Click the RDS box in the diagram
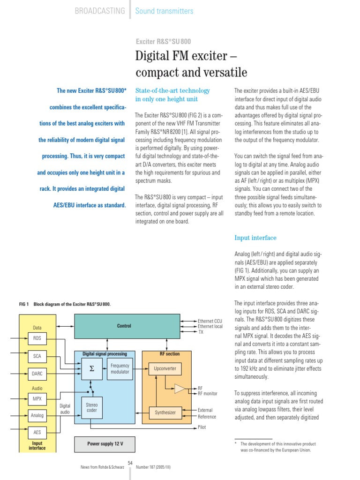(37, 338)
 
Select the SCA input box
(37, 356)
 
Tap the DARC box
(37, 374)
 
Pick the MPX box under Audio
(37, 399)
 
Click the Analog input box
(37, 415)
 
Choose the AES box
(37, 432)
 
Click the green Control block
(124, 326)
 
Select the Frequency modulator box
(120, 368)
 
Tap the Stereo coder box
(91, 407)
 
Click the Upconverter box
(165, 368)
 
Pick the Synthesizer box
(165, 412)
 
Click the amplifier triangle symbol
(180, 388)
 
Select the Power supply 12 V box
(105, 443)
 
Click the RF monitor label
(208, 394)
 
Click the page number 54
(130, 463)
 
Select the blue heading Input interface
(255, 238)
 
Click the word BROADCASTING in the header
(100, 10)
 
